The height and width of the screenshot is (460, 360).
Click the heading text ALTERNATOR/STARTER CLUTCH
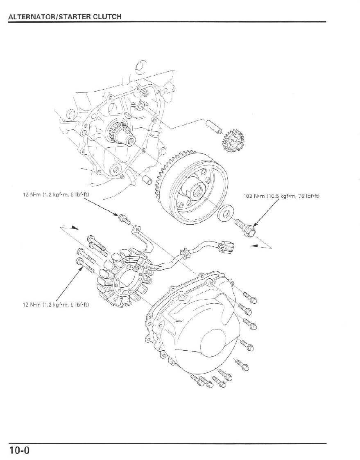tap(65, 17)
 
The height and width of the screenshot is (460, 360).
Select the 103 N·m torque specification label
tap(281, 196)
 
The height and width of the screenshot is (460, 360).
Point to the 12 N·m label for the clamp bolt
tap(56, 194)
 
